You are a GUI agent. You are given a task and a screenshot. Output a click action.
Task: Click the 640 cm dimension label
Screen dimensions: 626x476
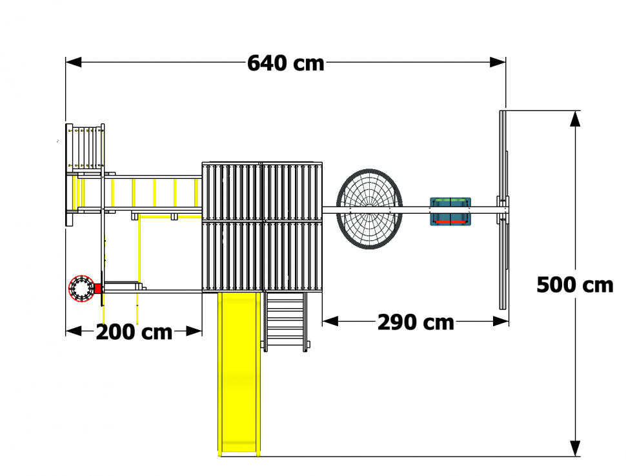[x=285, y=63]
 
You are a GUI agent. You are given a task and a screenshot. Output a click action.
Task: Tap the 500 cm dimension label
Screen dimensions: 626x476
[x=574, y=285]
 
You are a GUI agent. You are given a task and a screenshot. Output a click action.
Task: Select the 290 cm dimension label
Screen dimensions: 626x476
[x=416, y=322]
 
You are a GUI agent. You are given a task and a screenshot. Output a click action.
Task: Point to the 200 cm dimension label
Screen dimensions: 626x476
[x=134, y=332]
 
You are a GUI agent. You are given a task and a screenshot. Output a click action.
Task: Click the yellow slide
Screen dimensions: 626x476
[x=239, y=374]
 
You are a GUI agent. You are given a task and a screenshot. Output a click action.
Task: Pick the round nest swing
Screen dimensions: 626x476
[x=369, y=209]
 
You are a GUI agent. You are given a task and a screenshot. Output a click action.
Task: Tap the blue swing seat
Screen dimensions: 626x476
[x=450, y=211]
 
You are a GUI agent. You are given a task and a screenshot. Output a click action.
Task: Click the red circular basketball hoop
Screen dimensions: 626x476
[x=81, y=289]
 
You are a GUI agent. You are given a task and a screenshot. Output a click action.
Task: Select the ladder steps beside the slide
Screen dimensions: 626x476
[x=285, y=322]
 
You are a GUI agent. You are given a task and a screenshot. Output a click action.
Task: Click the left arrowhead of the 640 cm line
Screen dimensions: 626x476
[x=74, y=63]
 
